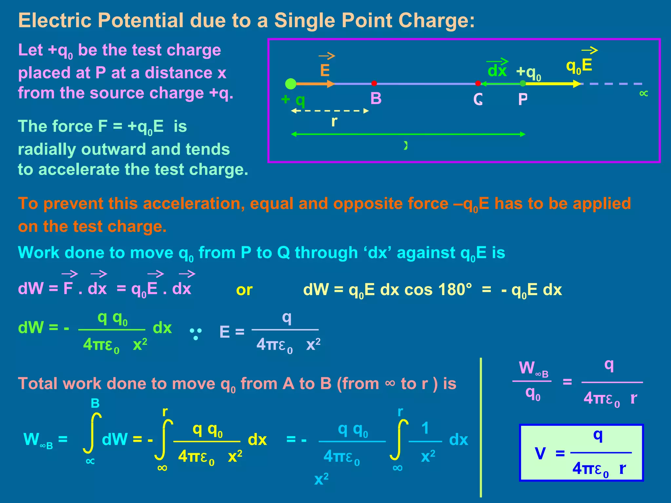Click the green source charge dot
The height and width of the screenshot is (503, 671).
tap(291, 84)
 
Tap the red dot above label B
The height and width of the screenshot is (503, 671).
tap(374, 84)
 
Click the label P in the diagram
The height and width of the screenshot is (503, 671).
tap(523, 99)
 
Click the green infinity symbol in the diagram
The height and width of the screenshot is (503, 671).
tap(643, 94)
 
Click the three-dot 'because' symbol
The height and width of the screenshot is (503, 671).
tap(196, 334)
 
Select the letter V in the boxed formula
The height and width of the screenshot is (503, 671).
tap(540, 454)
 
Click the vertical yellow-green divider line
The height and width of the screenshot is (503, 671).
tap(481, 426)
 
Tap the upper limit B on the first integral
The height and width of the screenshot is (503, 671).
tap(95, 403)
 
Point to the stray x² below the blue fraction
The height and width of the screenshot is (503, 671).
tap(321, 479)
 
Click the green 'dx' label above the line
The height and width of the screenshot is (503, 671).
tap(497, 71)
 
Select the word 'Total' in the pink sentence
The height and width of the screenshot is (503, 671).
tap(37, 383)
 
